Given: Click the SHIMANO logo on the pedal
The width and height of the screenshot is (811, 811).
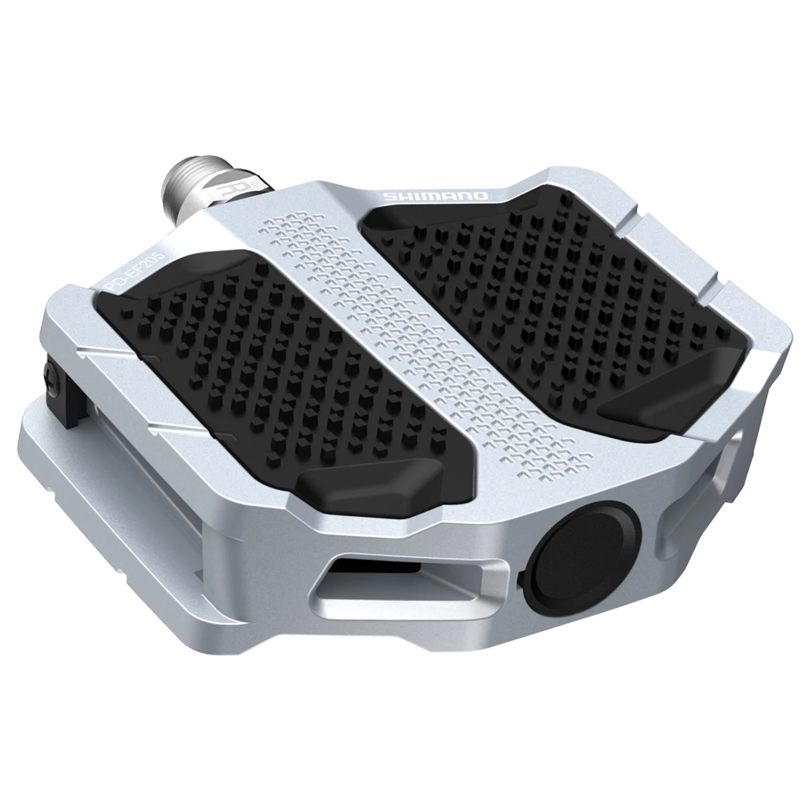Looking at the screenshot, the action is (x=436, y=196).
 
